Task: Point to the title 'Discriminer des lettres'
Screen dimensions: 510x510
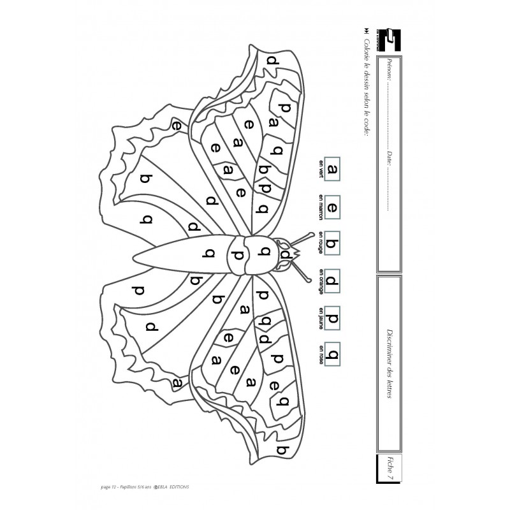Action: click(390, 365)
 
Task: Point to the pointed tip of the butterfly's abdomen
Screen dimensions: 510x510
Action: click(135, 257)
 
